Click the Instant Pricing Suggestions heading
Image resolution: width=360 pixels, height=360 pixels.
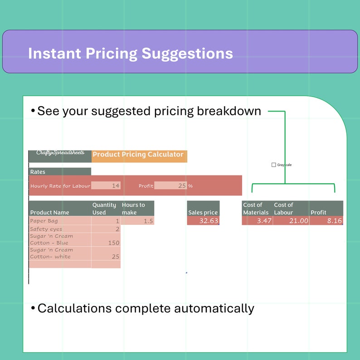131,53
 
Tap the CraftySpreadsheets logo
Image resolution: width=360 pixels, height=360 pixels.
60,154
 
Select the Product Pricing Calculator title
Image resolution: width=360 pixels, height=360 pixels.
138,155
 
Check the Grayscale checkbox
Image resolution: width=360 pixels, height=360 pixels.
273,165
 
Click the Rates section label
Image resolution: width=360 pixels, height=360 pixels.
38,172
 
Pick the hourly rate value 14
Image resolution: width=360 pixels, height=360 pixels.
106,185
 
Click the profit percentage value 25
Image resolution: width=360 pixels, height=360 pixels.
170,185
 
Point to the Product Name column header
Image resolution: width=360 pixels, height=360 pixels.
50,212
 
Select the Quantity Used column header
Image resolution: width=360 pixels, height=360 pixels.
104,209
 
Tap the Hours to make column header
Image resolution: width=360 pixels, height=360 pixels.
134,209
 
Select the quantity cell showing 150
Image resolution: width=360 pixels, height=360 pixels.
106,243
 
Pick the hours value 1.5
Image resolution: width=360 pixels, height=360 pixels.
138,221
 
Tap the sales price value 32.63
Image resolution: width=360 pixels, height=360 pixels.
203,221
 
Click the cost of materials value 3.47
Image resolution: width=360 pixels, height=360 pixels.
258,221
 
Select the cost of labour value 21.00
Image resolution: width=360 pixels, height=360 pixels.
291,221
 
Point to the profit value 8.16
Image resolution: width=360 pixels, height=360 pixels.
326,221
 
